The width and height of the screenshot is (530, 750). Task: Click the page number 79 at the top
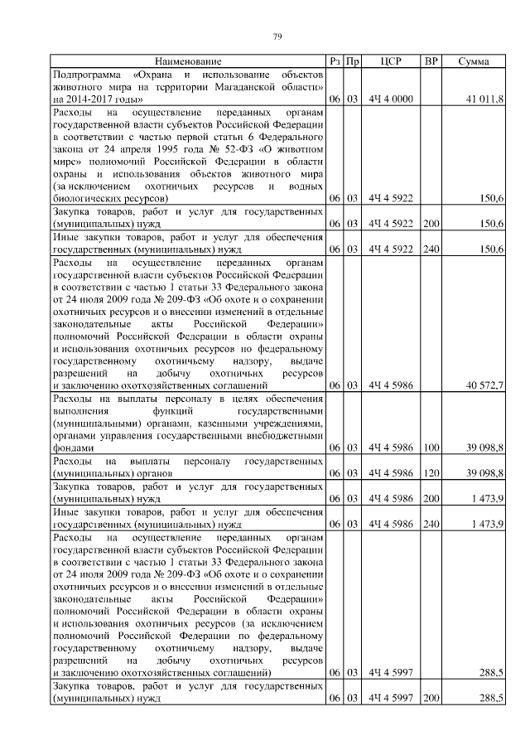pyautogui.click(x=278, y=36)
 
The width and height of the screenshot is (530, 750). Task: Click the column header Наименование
pyautogui.click(x=187, y=62)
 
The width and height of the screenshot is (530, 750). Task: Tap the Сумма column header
pyautogui.click(x=471, y=62)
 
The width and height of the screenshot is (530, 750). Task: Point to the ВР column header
pyautogui.click(x=431, y=62)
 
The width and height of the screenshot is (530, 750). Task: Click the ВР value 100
pyautogui.click(x=431, y=448)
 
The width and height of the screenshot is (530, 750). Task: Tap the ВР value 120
pyautogui.click(x=431, y=472)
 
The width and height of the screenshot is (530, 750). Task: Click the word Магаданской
pyautogui.click(x=254, y=87)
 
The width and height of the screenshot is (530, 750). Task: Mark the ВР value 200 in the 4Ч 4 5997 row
pyautogui.click(x=431, y=699)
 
